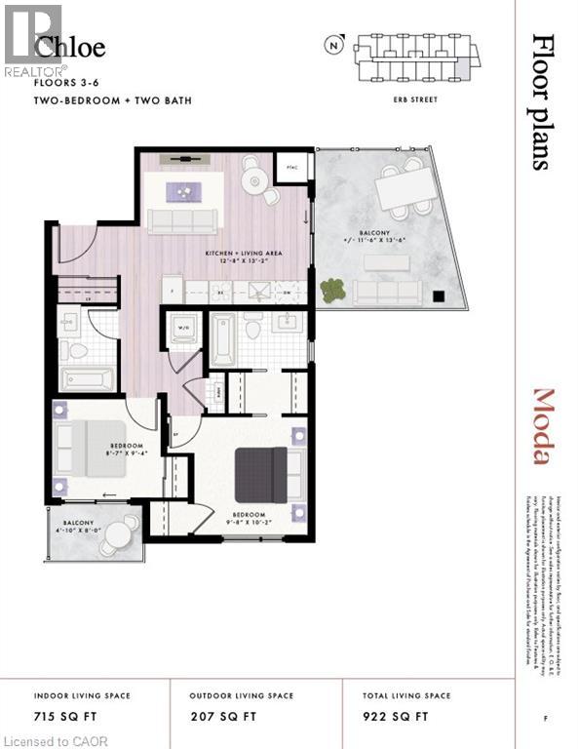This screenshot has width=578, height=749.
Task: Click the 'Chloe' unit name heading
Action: click(x=70, y=47)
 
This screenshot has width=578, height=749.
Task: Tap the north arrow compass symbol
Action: click(x=335, y=45)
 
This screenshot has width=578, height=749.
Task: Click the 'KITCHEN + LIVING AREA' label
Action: click(x=244, y=256)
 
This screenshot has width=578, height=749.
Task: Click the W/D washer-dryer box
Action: click(x=185, y=328)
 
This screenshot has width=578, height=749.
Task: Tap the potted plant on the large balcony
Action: click(x=332, y=291)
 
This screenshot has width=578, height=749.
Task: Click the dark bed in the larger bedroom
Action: click(x=262, y=475)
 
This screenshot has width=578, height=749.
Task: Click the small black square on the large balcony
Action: click(x=438, y=297)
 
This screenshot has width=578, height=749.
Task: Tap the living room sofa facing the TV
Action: click(x=182, y=221)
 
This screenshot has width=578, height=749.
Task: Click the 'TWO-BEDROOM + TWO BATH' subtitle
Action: click(x=113, y=100)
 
